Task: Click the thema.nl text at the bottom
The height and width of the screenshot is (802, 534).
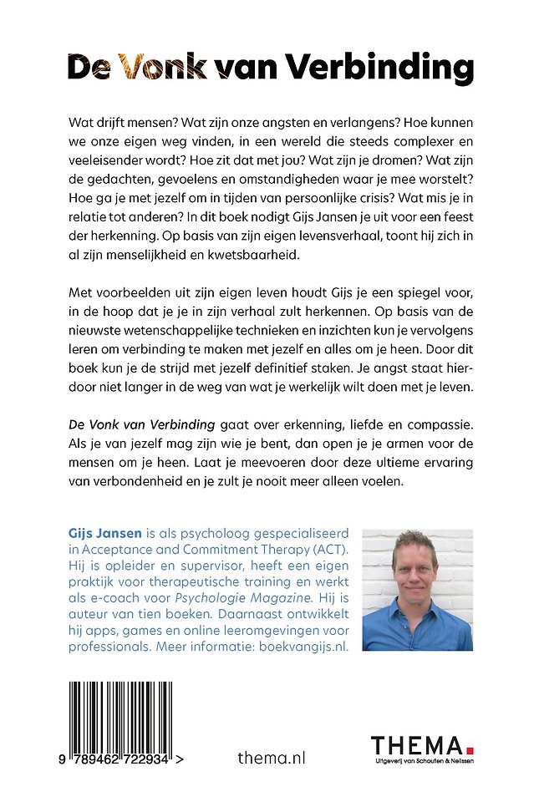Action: [272, 758]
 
